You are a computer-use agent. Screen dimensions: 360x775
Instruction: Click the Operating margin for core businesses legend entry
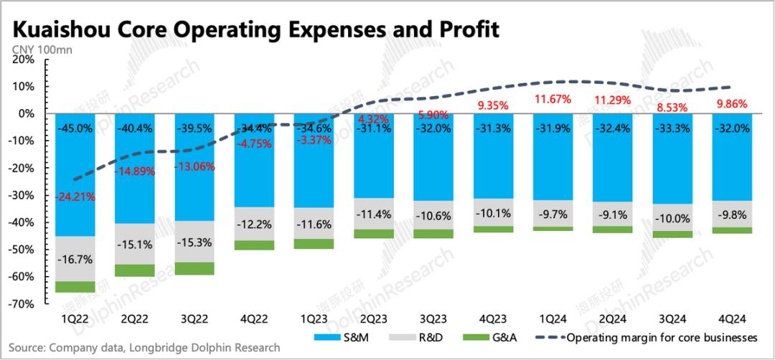click(661, 337)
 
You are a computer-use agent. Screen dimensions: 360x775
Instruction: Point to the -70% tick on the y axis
click(23, 304)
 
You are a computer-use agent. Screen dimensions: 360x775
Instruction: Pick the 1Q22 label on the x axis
click(75, 318)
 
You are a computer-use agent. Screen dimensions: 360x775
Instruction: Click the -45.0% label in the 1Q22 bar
click(75, 130)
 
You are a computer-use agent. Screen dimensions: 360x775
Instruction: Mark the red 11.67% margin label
click(552, 98)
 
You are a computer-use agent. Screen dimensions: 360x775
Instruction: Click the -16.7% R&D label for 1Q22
click(75, 259)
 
